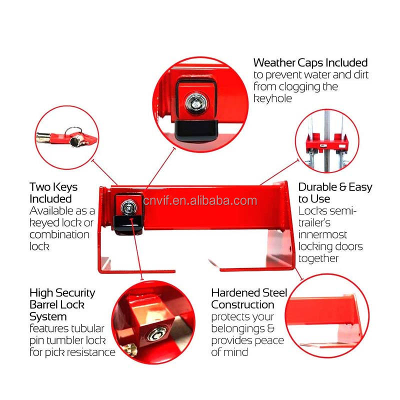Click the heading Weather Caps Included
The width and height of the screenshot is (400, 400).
point(310,63)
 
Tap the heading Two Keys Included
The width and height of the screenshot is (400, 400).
point(53,193)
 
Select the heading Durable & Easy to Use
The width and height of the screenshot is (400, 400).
point(335,193)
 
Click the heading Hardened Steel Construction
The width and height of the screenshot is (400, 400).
point(249,298)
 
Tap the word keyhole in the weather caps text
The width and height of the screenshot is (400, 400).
point(272,99)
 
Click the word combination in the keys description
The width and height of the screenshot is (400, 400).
point(59,234)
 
